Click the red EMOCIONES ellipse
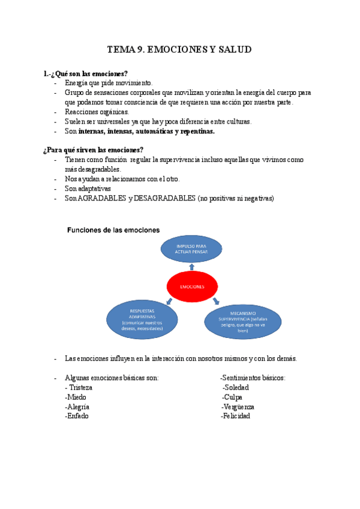point(190,287)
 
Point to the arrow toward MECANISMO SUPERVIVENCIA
point(216,300)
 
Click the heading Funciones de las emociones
point(113,230)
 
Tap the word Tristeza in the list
point(81,387)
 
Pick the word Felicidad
point(236,415)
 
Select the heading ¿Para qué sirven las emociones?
point(93,149)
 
